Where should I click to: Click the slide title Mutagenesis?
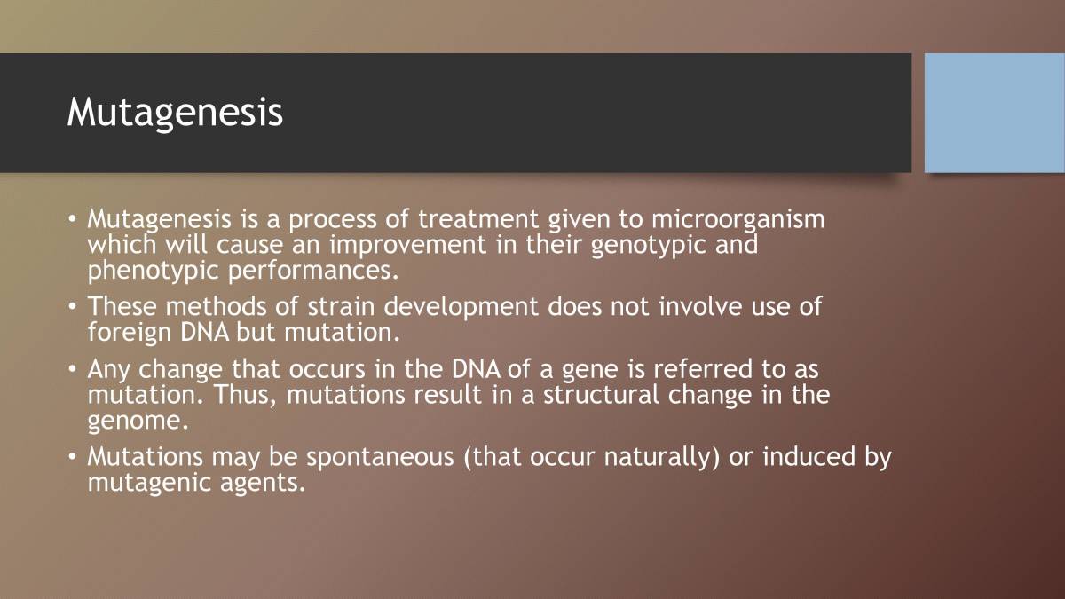click(175, 113)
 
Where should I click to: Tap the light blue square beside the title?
click(994, 113)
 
